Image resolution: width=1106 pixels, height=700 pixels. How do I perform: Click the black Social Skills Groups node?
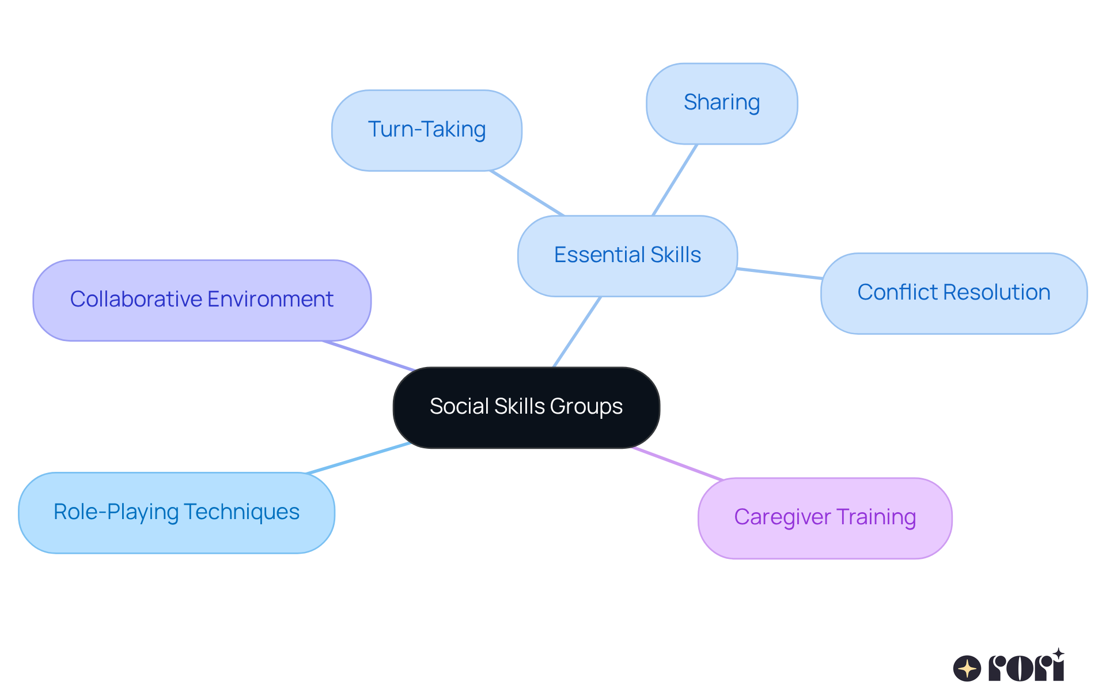click(x=526, y=407)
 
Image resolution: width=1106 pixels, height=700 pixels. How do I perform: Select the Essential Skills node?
click(x=627, y=255)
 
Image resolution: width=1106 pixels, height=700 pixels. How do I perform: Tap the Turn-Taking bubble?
click(x=427, y=130)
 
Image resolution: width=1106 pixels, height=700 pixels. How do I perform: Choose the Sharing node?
click(x=722, y=103)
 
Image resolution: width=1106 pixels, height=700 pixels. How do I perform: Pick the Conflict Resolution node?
click(x=953, y=293)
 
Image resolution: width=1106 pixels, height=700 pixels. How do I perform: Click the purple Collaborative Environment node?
click(x=202, y=300)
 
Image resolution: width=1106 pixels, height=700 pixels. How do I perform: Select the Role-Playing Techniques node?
click(x=176, y=512)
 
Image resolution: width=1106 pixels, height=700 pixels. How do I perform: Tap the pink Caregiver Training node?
click(x=825, y=517)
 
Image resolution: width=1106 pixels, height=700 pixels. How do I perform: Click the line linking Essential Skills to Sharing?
click(x=675, y=180)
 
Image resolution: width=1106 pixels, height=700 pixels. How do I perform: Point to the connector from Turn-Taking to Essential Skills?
click(x=527, y=192)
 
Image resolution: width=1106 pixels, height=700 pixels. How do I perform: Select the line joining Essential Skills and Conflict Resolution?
click(x=779, y=273)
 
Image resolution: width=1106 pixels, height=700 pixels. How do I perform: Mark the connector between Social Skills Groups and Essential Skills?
click(x=577, y=331)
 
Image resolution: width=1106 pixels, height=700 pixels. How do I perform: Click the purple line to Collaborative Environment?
click(x=369, y=355)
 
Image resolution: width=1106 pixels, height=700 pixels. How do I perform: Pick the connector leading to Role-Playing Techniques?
click(x=358, y=458)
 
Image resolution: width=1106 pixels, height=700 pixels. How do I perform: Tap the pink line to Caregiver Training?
click(x=677, y=463)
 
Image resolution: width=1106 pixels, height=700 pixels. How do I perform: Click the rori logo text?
click(x=1026, y=667)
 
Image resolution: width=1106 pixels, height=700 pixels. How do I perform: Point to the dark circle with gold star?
click(x=967, y=668)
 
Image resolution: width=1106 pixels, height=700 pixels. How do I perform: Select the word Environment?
click(x=270, y=300)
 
